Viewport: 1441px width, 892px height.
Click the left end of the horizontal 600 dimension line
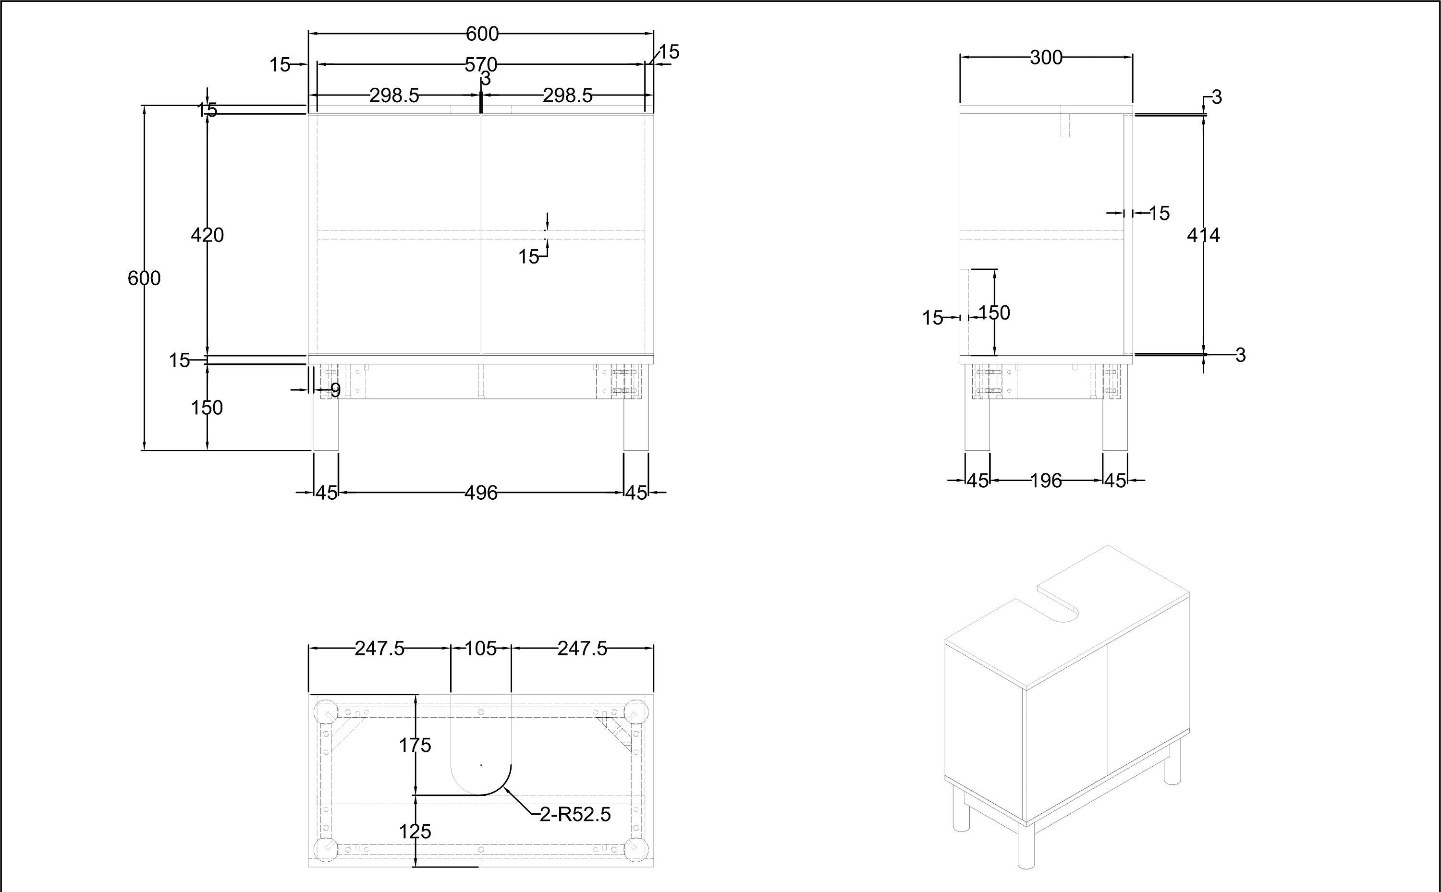tap(309, 34)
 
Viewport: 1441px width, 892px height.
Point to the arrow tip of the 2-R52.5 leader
tap(505, 788)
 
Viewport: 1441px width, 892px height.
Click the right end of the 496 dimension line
tap(624, 492)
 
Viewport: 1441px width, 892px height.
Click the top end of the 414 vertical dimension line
tap(1204, 116)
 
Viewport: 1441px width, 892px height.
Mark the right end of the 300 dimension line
tap(1132, 57)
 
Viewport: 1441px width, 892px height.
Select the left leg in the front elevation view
tap(326, 425)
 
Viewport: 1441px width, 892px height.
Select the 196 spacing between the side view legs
tap(1046, 481)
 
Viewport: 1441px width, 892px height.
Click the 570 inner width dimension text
tap(481, 64)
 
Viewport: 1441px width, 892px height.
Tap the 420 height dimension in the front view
tap(207, 235)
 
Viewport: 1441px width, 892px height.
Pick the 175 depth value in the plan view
tap(415, 746)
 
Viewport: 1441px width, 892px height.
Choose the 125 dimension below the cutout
tap(415, 832)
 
